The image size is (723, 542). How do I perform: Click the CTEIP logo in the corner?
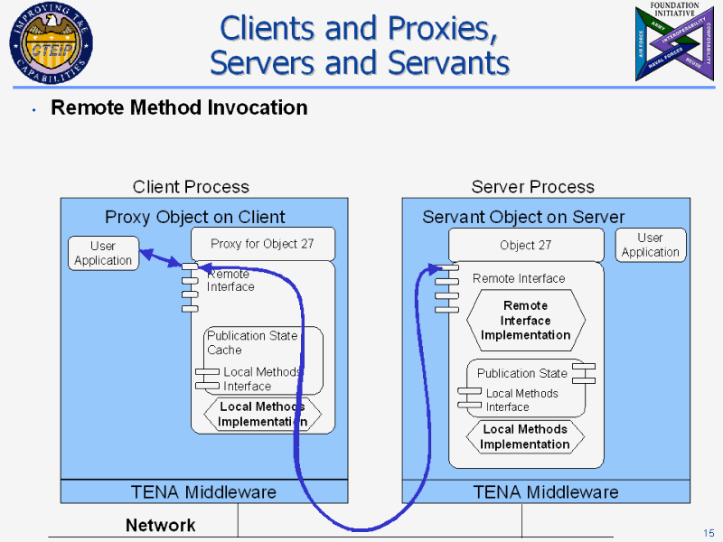click(49, 43)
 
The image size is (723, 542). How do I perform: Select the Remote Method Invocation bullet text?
click(179, 107)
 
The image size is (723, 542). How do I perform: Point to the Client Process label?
click(191, 187)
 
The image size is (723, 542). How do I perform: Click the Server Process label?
click(532, 187)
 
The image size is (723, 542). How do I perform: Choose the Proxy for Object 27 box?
click(262, 243)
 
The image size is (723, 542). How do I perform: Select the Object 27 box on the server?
click(525, 245)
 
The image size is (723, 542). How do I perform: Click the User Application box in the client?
click(103, 253)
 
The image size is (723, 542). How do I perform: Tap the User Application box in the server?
click(650, 245)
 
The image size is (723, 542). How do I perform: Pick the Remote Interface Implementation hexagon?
click(525, 320)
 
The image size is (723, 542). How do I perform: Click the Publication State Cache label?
click(251, 342)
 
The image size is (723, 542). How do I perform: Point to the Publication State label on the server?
click(521, 373)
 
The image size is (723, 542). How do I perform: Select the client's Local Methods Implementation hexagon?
click(262, 414)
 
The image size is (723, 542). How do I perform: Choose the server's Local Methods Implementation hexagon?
click(525, 436)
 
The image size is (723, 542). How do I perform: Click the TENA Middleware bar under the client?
click(203, 491)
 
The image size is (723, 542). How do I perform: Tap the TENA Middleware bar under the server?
click(545, 491)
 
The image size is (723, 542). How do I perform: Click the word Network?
click(160, 525)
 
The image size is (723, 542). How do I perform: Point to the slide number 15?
click(709, 531)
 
